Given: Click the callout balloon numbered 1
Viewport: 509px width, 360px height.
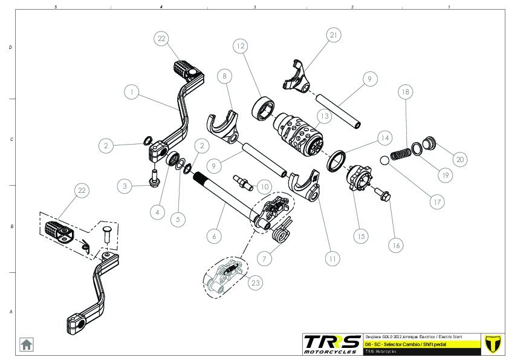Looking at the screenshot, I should coord(132,92).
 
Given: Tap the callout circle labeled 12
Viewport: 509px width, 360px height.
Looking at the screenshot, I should coord(240,46).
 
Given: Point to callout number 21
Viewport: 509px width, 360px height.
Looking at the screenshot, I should coord(334,35).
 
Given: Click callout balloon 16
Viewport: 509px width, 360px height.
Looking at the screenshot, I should coord(397,246).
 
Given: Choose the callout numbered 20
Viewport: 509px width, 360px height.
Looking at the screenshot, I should coord(459,159).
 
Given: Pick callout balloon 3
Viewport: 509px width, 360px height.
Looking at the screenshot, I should coord(125,186).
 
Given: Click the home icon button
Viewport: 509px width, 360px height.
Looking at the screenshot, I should coord(27,344).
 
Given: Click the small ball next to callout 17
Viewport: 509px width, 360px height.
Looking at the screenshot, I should coord(383,160).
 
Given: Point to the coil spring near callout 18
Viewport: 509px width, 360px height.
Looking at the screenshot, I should coord(400,154).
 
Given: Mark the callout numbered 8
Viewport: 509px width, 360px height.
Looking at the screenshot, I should coord(224,76).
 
